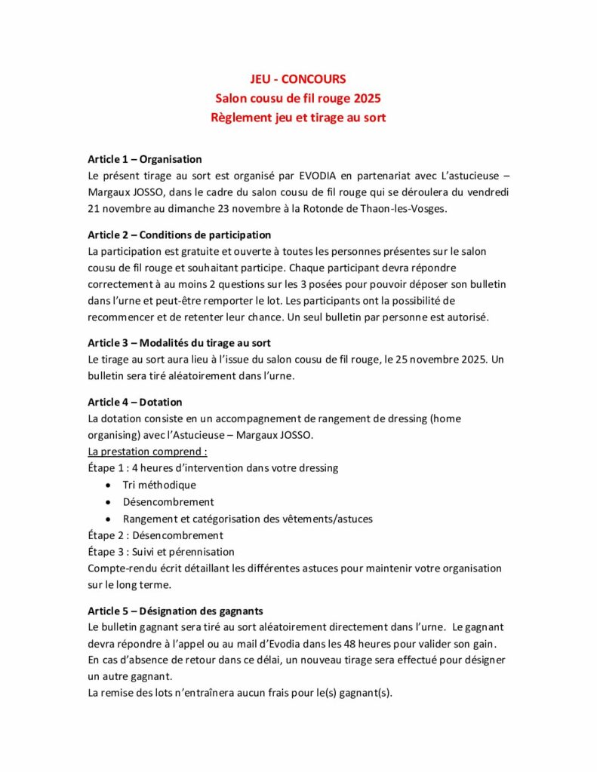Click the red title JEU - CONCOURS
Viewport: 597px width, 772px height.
[x=298, y=79]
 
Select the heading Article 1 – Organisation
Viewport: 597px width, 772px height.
[x=145, y=159]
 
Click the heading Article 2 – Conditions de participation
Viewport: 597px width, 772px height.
[x=180, y=234]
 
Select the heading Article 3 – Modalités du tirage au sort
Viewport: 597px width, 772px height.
[x=179, y=343]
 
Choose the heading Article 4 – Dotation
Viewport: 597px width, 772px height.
[x=135, y=402]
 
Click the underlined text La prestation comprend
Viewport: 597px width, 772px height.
[x=147, y=452]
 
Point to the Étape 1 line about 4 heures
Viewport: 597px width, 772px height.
[x=213, y=468]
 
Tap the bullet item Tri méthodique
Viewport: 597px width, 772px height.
[x=159, y=485]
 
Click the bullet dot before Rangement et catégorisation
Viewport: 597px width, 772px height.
[x=110, y=519]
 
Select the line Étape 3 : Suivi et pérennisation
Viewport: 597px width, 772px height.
[x=162, y=552]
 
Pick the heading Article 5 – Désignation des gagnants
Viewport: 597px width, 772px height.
[x=175, y=610]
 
